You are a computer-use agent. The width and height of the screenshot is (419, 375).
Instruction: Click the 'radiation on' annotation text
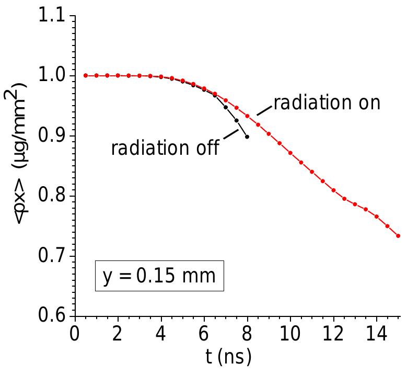pyautogui.click(x=327, y=103)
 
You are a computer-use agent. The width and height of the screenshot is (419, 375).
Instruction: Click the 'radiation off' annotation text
pyautogui.click(x=165, y=147)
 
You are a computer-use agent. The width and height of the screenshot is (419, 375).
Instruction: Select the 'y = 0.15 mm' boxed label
pyautogui.click(x=159, y=275)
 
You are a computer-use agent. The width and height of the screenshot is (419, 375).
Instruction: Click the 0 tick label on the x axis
pyautogui.click(x=75, y=334)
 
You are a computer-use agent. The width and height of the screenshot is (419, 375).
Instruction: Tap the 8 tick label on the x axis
pyautogui.click(x=247, y=334)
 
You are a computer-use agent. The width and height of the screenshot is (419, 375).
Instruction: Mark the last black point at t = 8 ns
pyautogui.click(x=247, y=137)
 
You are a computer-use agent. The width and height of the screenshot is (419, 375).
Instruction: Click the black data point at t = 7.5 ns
pyautogui.click(x=236, y=120)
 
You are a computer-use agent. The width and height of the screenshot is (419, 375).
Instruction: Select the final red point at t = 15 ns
pyautogui.click(x=398, y=236)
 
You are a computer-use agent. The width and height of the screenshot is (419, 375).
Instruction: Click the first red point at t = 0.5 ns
pyautogui.click(x=86, y=75)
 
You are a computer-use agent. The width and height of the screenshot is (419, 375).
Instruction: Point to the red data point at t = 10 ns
pyautogui.click(x=290, y=153)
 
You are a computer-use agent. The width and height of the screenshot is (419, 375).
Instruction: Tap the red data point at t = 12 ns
pyautogui.click(x=333, y=190)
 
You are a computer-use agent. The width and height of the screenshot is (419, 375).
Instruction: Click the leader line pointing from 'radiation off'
pyautogui.click(x=230, y=135)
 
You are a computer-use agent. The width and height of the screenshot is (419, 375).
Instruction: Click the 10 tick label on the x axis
pyautogui.click(x=290, y=334)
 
